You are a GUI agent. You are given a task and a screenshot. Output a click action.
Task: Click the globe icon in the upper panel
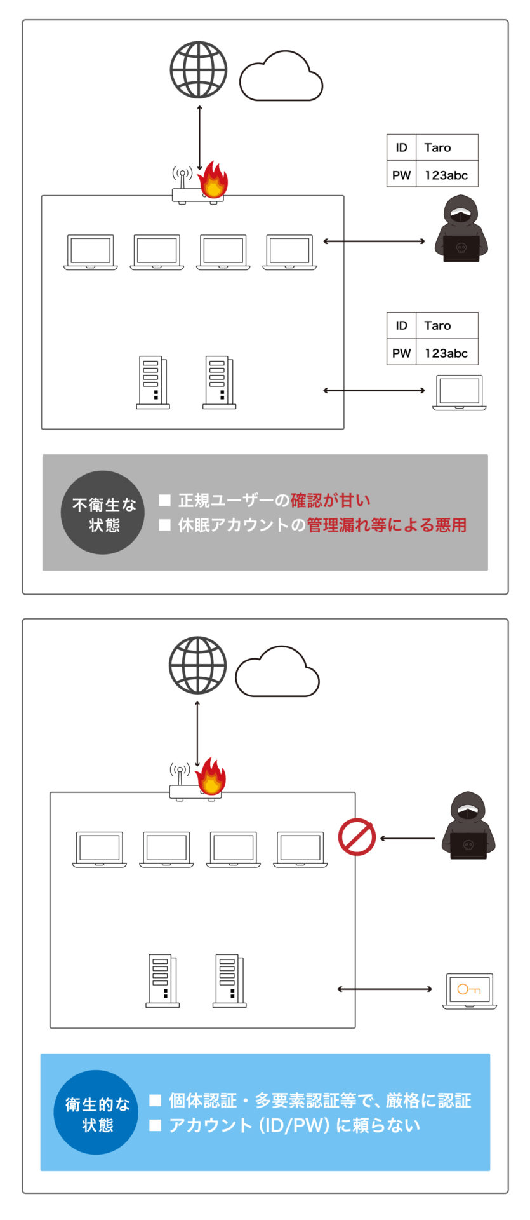click(199, 69)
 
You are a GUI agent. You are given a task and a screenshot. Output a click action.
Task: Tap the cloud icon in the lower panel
click(277, 672)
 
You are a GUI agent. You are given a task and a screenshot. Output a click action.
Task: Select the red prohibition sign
click(357, 837)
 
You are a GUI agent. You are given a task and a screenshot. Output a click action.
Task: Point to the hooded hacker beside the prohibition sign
click(468, 825)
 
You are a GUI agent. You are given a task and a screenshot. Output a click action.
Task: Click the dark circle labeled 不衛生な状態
click(103, 513)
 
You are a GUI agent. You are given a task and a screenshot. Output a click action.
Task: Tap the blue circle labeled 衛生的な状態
click(96, 1112)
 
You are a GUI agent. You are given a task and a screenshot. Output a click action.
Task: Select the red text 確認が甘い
click(331, 501)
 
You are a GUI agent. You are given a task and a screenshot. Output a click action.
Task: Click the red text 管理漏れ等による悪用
click(387, 525)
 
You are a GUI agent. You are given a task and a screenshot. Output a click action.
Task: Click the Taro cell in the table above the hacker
click(447, 147)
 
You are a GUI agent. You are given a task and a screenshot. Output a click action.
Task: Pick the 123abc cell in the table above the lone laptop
click(447, 353)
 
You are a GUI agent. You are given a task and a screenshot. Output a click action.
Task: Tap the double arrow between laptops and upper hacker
click(374, 241)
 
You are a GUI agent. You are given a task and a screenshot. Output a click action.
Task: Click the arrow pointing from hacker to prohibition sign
click(407, 839)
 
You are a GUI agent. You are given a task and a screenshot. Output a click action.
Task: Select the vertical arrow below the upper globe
click(199, 139)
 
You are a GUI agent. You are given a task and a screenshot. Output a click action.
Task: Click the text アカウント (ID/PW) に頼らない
click(295, 1125)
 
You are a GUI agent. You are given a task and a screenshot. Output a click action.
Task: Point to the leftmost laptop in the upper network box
click(91, 252)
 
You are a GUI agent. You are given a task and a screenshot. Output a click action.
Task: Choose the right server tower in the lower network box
click(229, 981)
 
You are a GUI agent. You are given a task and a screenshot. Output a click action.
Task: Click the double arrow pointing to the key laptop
click(385, 989)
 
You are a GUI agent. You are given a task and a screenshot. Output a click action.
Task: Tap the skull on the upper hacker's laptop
click(461, 248)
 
